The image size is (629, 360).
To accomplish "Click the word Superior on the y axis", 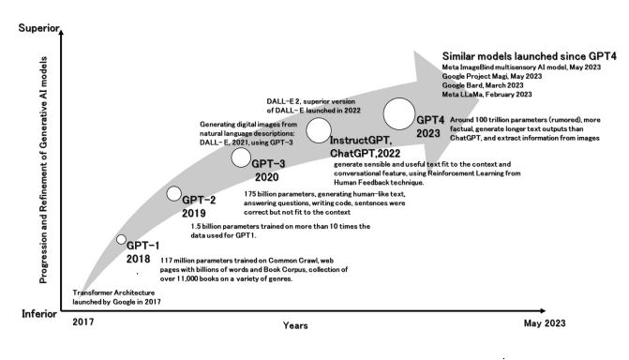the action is (38, 28).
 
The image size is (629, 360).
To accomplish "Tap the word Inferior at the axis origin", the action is (39, 314).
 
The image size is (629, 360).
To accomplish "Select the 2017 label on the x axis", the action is (83, 322).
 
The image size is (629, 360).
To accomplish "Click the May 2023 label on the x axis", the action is (545, 323).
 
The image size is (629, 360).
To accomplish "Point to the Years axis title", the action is (295, 325).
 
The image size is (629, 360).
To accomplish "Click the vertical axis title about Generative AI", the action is (43, 171).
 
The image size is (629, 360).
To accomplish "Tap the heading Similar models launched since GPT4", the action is (529, 56).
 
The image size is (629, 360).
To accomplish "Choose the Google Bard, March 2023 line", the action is (483, 85).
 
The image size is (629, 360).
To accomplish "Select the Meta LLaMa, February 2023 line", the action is (487, 95).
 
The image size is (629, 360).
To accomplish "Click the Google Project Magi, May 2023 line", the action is (492, 76).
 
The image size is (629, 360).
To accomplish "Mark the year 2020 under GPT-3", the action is (267, 177).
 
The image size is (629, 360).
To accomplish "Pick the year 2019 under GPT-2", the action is (194, 213).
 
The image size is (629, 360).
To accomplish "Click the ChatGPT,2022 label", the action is (365, 154).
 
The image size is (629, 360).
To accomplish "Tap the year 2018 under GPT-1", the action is (139, 259).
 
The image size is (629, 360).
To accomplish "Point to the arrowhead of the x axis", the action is (543, 310).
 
